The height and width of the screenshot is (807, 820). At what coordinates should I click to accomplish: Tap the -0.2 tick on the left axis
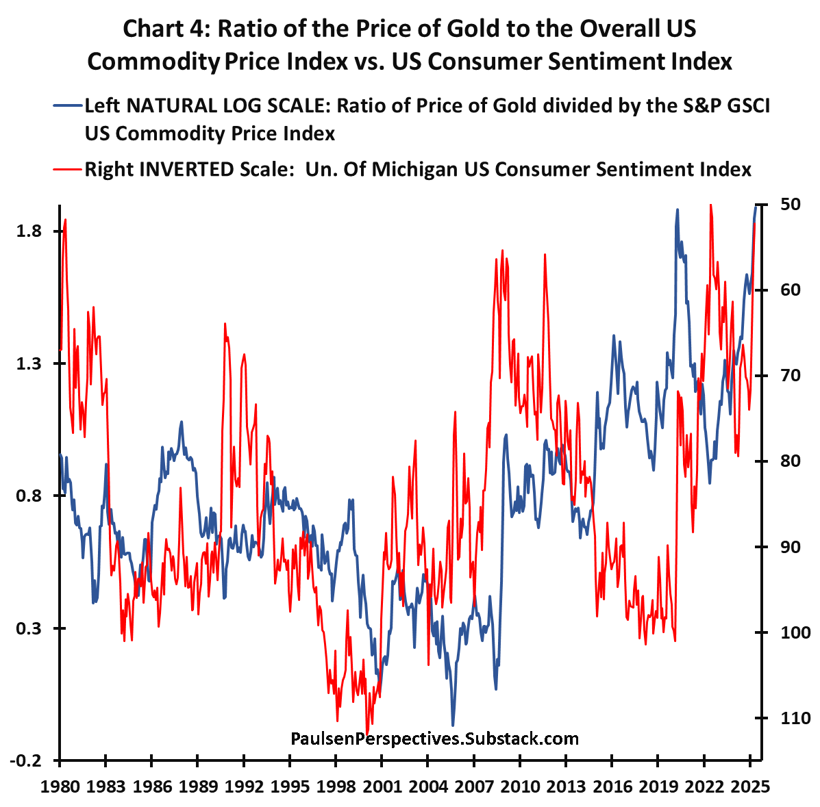point(29,760)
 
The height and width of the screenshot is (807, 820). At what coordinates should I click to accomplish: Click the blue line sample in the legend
point(67,106)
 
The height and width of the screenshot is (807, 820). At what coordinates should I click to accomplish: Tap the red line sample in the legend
point(67,169)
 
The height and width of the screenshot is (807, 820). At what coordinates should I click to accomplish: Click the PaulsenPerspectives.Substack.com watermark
point(434,739)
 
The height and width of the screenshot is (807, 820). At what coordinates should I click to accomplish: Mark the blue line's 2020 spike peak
point(677,210)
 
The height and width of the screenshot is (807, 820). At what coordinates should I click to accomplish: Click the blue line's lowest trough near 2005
point(453,724)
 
